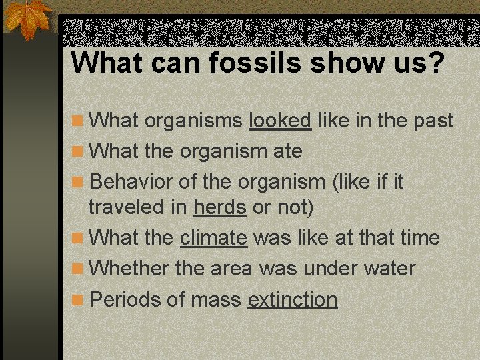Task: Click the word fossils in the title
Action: [x=237, y=63]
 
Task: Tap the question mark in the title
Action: [x=434, y=63]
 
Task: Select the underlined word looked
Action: [x=279, y=121]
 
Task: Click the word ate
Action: [x=287, y=151]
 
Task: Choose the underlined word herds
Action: [x=220, y=207]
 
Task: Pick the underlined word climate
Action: [x=213, y=238]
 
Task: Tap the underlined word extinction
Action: [x=293, y=299]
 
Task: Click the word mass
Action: [x=215, y=299]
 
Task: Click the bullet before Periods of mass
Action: [x=78, y=300]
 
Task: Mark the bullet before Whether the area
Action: [x=78, y=269]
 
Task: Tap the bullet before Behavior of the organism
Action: [x=78, y=182]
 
